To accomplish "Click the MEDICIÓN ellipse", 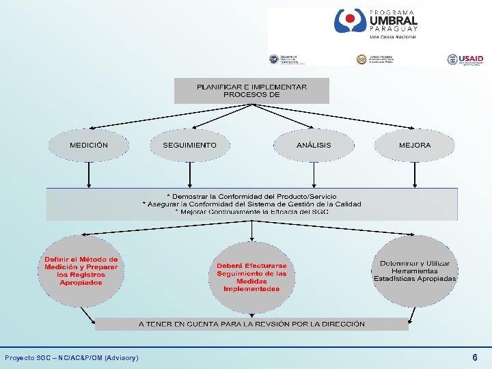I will [89, 145].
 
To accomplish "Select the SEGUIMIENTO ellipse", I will [189, 145].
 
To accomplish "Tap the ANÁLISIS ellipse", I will [314, 145].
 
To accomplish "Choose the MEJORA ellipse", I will [415, 145].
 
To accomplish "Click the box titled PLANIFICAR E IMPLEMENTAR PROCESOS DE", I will [251, 91].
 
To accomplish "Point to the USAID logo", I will [465, 59].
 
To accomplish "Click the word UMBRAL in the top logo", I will [393, 22].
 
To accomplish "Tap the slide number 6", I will [475, 357].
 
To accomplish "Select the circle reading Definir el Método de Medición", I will [81, 271].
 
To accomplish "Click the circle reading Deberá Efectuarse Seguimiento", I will [251, 277].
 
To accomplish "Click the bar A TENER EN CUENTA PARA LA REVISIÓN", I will [251, 324].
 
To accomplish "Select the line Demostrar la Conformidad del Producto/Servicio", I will [251, 196].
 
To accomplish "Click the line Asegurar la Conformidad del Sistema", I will [251, 204].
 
